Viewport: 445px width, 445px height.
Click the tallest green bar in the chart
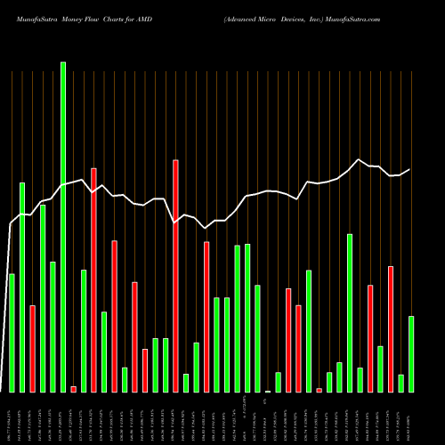[x=63, y=227]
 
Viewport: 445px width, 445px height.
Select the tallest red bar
[x=175, y=276]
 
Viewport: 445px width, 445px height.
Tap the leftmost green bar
[x=12, y=333]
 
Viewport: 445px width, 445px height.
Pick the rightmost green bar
[x=411, y=354]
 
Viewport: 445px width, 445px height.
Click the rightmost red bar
[x=391, y=329]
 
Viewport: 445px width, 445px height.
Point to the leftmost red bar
[x=32, y=349]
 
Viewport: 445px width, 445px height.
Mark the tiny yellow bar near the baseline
[x=268, y=391]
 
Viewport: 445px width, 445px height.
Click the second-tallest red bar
[x=93, y=280]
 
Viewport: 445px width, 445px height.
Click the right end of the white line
[x=410, y=169]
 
